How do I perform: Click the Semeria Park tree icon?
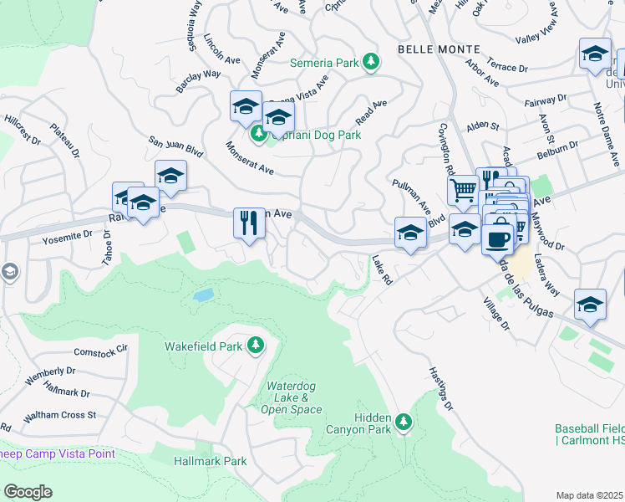pyautogui.click(x=373, y=62)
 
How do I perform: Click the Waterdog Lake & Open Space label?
pyautogui.click(x=292, y=397)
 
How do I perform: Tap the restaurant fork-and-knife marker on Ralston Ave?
pyautogui.click(x=249, y=223)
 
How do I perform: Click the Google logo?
pyautogui.click(x=28, y=492)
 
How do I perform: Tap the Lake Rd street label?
pyautogui.click(x=382, y=270)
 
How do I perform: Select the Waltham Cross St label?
pyautogui.click(x=58, y=415)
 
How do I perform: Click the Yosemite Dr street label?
pyautogui.click(x=67, y=237)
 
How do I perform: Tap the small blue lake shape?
pyautogui.click(x=202, y=295)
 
